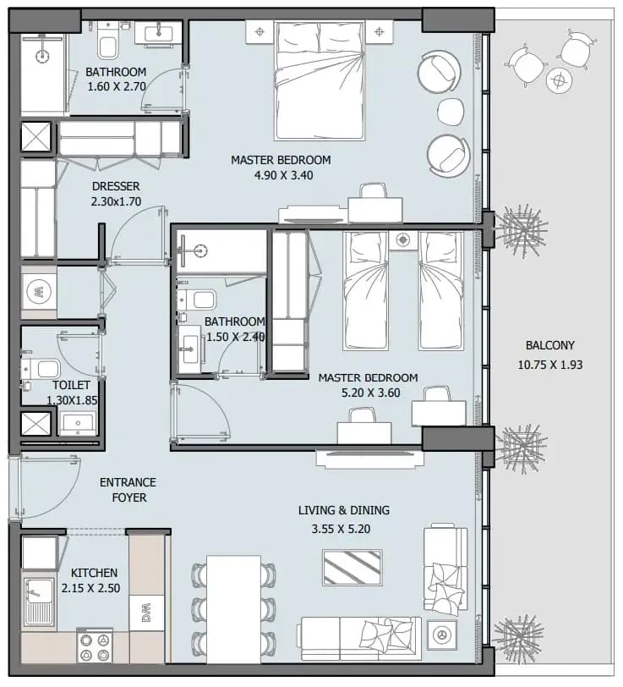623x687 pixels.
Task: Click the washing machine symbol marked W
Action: (39, 291)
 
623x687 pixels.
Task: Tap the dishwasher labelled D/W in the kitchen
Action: (147, 613)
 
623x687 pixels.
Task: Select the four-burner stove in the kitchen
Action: (95, 646)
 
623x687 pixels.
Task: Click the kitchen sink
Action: (39, 602)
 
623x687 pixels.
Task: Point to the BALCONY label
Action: (550, 345)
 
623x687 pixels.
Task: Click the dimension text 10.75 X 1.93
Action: (550, 365)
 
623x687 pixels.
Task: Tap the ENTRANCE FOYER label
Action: (128, 490)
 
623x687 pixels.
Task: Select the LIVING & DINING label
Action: (344, 510)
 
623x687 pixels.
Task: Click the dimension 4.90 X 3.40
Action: (283, 176)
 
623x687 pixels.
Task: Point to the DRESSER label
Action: (116, 186)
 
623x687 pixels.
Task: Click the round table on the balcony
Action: (559, 80)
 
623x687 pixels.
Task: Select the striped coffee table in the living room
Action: (352, 568)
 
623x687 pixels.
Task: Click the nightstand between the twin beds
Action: (403, 240)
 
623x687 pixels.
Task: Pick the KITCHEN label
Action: (94, 573)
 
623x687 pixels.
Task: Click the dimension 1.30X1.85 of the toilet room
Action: (72, 400)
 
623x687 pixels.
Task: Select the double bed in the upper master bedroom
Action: (320, 80)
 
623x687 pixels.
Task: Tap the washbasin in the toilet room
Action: (78, 423)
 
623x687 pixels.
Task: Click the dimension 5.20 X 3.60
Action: (370, 393)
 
